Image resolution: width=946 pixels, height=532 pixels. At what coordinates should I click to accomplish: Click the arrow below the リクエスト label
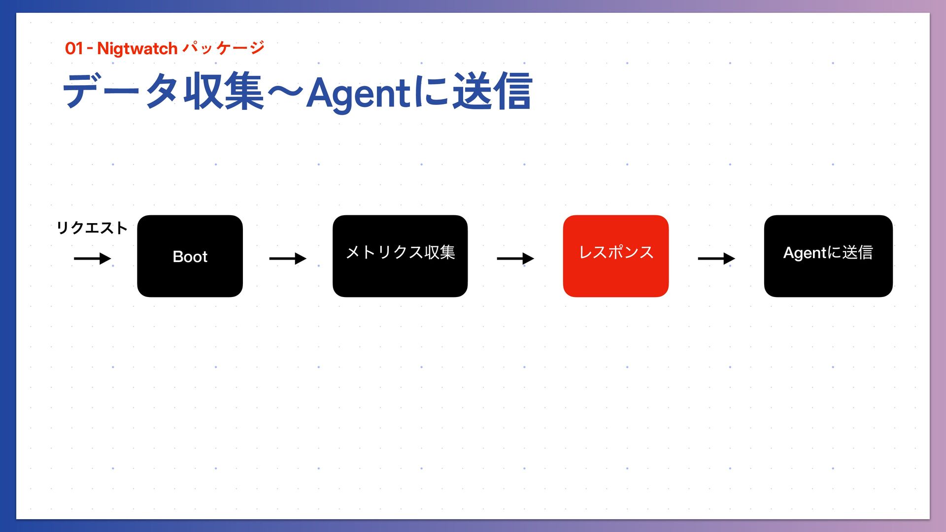click(92, 259)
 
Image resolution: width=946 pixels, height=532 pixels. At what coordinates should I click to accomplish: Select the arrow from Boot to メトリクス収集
click(287, 259)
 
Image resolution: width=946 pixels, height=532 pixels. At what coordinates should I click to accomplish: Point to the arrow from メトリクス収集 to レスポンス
click(515, 259)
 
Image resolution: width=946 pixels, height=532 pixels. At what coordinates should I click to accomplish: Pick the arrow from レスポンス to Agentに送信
click(716, 259)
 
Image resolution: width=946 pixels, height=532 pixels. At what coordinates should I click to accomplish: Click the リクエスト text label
click(92, 228)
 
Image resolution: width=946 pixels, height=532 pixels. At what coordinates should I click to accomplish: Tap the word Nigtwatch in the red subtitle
click(137, 48)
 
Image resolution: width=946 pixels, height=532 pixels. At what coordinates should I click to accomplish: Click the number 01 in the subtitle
click(74, 48)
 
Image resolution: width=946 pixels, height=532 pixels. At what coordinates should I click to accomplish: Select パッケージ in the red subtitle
click(223, 48)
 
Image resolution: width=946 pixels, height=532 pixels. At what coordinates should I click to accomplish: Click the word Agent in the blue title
click(358, 93)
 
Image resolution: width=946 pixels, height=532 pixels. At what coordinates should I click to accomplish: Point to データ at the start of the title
click(121, 91)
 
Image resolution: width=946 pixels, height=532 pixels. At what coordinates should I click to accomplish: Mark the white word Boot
click(190, 257)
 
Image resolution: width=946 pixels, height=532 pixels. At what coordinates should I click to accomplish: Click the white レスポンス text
click(616, 252)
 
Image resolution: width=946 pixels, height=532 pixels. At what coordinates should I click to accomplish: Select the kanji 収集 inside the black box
click(439, 252)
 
